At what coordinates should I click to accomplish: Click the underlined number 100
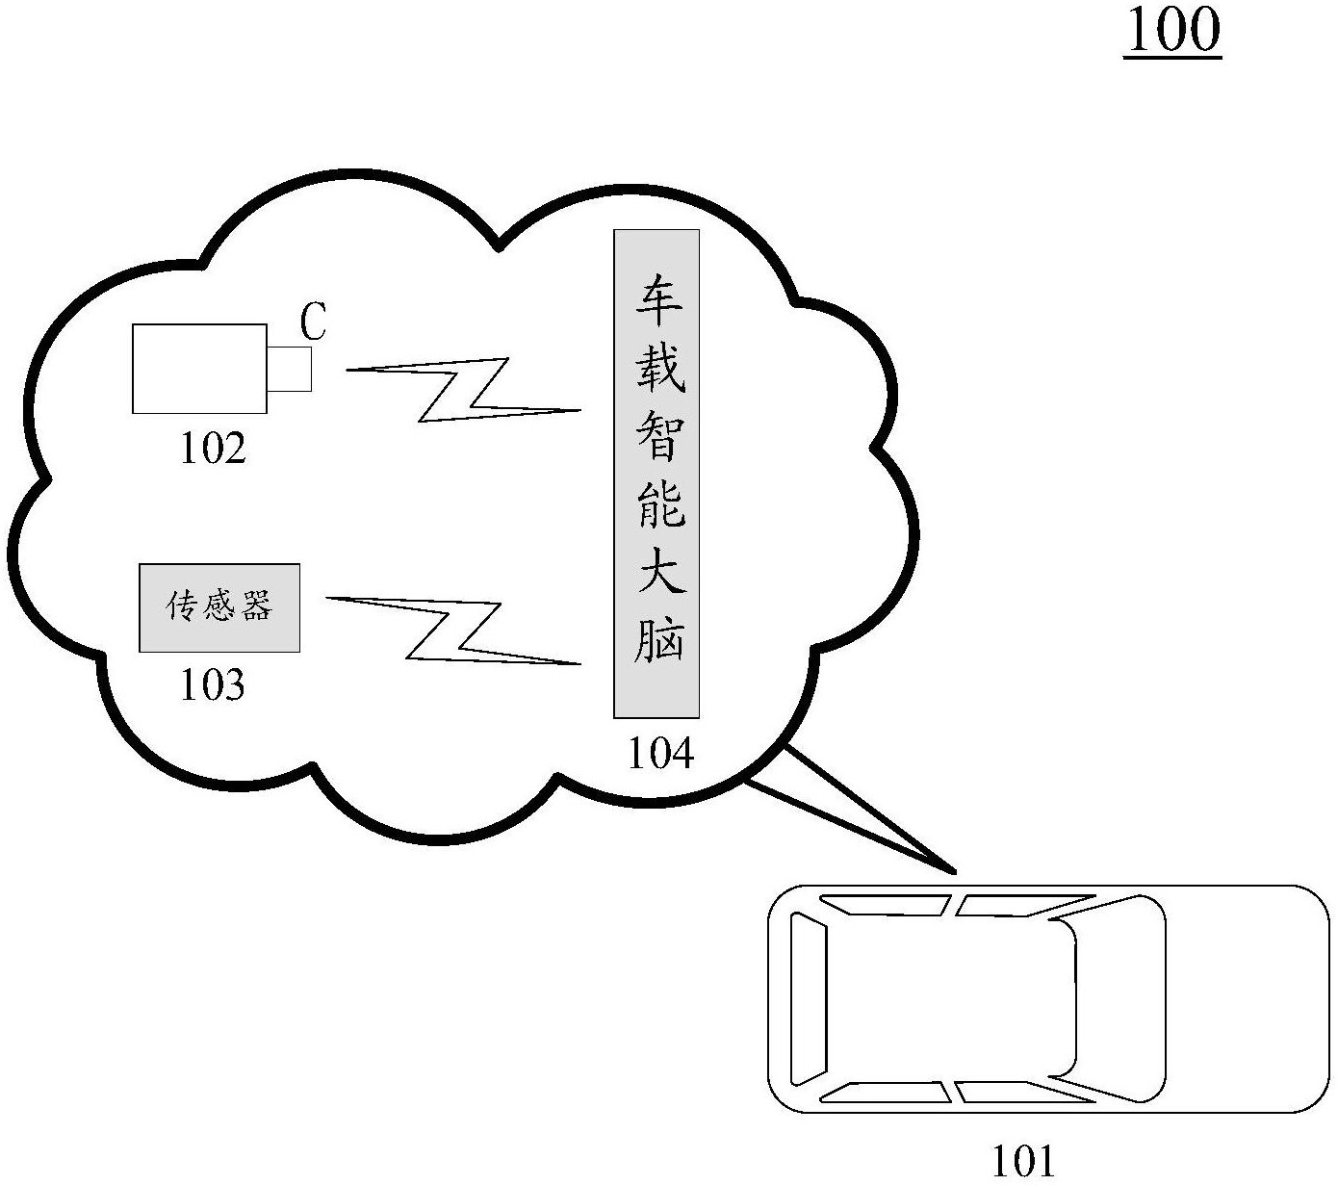point(1172,31)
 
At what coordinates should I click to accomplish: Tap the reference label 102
point(213,449)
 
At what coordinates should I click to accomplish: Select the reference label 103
point(213,685)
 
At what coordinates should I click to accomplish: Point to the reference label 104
point(660,754)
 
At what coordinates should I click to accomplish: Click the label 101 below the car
point(1022,1162)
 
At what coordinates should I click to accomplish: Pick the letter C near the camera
point(313,323)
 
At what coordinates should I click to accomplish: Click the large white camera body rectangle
point(199,369)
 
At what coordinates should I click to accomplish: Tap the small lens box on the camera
point(290,369)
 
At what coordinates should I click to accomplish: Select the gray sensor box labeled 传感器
point(219,607)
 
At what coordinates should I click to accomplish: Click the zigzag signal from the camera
point(462,390)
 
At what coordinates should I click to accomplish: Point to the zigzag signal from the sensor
point(452,631)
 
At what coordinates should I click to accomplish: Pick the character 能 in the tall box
point(658,503)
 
